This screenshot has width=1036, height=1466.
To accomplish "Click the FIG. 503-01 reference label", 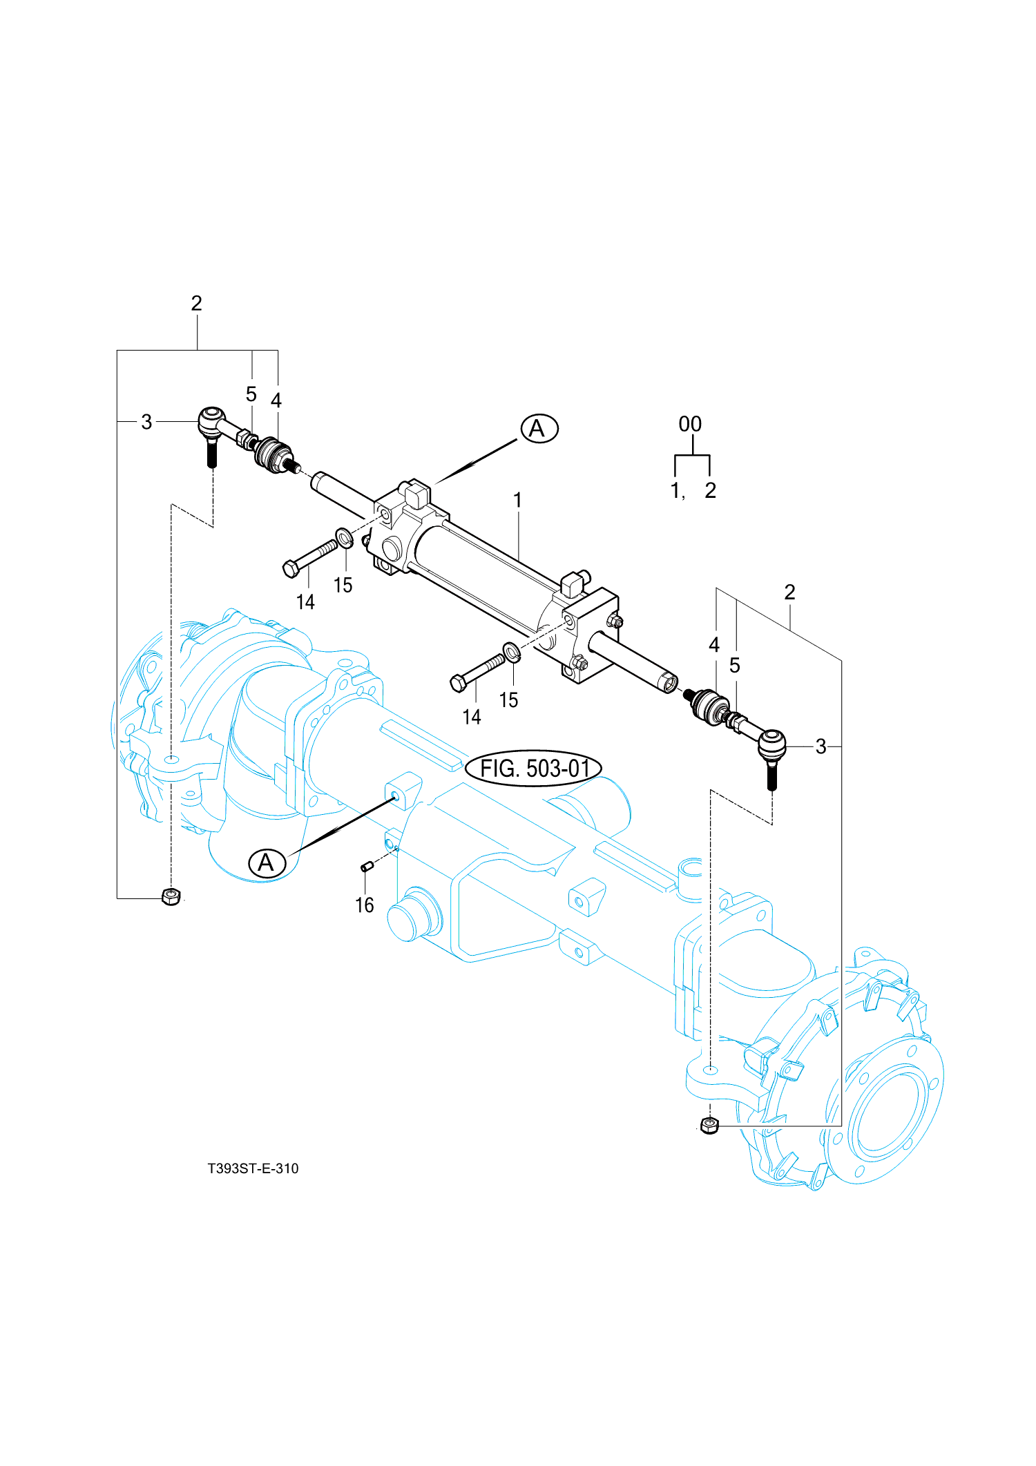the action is click(533, 768).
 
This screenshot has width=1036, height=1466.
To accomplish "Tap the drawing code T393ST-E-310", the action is click(253, 1168).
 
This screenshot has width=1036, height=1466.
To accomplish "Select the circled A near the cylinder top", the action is click(539, 429).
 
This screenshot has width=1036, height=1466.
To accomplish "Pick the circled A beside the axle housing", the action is click(267, 863).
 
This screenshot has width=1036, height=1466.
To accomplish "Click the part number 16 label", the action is click(364, 905).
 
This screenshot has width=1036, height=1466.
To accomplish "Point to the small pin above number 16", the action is click(367, 866).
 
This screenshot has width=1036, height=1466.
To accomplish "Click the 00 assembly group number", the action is click(690, 424).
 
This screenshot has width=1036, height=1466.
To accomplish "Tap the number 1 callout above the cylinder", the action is click(518, 500).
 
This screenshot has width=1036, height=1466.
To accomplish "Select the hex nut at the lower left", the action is click(171, 896).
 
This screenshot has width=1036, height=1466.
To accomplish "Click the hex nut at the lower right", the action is click(709, 1126).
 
